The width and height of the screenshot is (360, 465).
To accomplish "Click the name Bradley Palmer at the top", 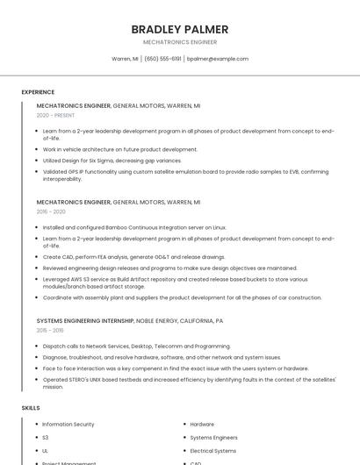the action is [179, 29].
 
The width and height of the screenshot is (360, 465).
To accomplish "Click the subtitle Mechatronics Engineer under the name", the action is [179, 42].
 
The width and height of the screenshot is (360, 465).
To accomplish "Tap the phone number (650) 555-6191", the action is [162, 59].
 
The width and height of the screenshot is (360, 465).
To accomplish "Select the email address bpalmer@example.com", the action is [218, 59].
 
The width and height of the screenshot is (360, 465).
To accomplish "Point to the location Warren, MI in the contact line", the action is [125, 59].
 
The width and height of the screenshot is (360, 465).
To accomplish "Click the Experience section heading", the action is [38, 92].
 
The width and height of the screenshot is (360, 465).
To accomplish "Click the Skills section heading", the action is [31, 408].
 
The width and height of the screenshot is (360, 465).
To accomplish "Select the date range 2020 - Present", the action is [56, 115].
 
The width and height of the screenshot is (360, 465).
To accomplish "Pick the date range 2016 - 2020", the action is [51, 211].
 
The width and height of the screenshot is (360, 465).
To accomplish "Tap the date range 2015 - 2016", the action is [50, 330].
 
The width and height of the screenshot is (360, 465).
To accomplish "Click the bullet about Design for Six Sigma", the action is [112, 161].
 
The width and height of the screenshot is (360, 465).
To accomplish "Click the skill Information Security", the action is [68, 425].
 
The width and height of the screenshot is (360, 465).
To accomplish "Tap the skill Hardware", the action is [202, 425].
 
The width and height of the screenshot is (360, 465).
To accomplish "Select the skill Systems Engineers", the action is [213, 437].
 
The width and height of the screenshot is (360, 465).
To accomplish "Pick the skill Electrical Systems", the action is [213, 450].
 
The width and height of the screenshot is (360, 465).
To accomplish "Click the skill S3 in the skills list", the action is [46, 437].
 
